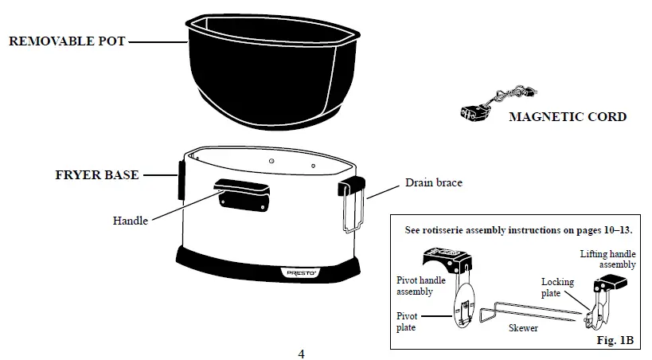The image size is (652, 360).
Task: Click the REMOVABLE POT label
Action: [x=67, y=41]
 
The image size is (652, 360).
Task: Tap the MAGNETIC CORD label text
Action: [x=567, y=117]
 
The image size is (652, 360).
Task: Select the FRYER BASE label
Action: [x=97, y=175]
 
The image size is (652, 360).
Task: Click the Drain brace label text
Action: [x=433, y=183]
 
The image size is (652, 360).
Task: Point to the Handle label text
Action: [x=130, y=221]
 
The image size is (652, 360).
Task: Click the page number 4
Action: [x=301, y=353]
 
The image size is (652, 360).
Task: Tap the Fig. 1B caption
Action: [x=615, y=340]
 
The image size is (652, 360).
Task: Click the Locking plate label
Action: [x=557, y=288]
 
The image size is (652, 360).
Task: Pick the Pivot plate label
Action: [x=408, y=321]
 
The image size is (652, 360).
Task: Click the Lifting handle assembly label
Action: [x=607, y=259]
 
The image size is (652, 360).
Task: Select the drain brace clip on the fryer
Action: [x=351, y=202]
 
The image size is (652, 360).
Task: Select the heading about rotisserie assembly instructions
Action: [x=517, y=229]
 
